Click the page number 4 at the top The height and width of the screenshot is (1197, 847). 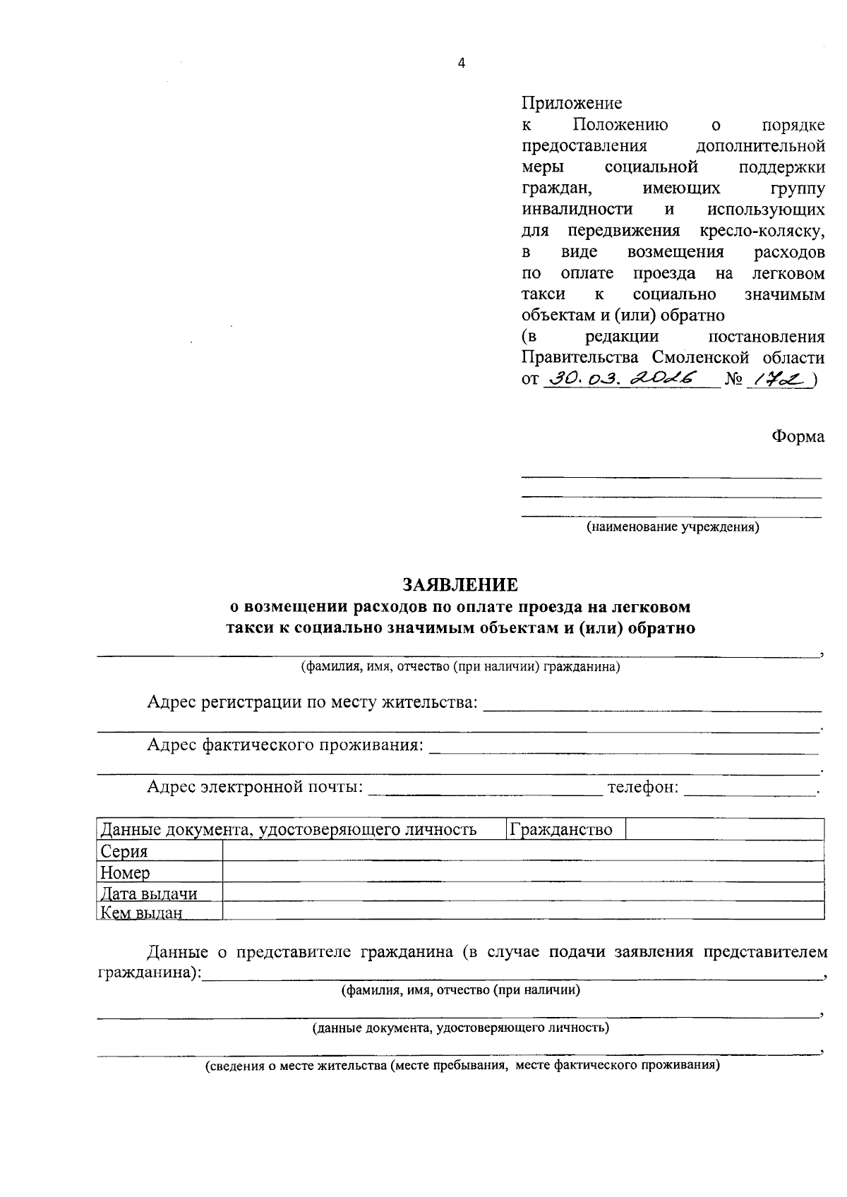tap(462, 64)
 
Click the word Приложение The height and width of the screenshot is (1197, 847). tap(572, 104)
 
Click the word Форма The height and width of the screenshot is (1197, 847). tap(798, 437)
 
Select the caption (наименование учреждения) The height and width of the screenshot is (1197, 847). tap(673, 527)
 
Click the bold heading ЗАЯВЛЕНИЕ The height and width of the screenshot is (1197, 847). tap(460, 585)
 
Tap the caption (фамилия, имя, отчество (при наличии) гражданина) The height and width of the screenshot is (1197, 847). tap(460, 667)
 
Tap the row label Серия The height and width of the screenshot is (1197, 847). tap(124, 851)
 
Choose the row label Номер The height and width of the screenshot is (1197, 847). tap(126, 873)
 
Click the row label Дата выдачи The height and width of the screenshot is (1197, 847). tap(149, 894)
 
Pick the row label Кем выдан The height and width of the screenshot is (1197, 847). tap(142, 913)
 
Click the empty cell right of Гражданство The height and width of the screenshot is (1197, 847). tap(725, 829)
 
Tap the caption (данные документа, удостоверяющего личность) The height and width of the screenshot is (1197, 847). tap(461, 1028)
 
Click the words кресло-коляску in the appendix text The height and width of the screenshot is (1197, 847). tap(762, 231)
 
